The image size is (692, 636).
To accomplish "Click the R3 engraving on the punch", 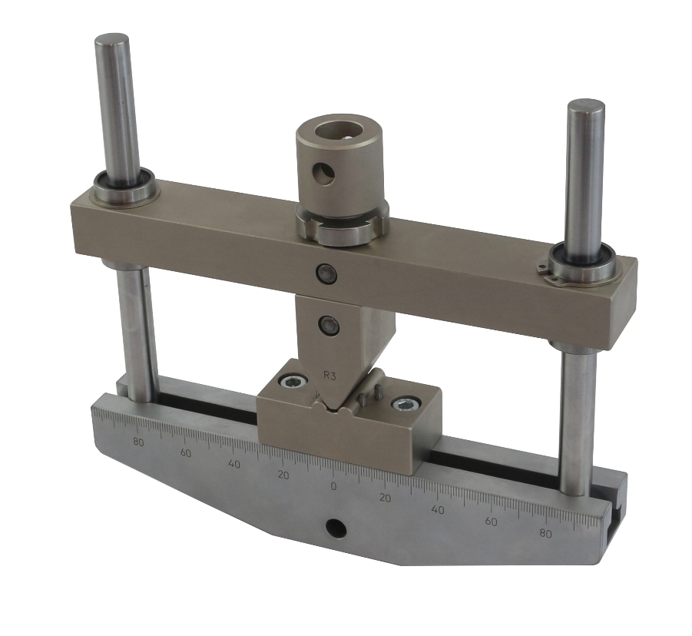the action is point(329,376).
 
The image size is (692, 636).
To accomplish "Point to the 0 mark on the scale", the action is point(333,486).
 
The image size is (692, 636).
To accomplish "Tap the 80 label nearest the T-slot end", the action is point(545,534).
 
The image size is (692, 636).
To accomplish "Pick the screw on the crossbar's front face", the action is point(326,273).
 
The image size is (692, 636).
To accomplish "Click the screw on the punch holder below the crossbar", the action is point(329,325).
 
